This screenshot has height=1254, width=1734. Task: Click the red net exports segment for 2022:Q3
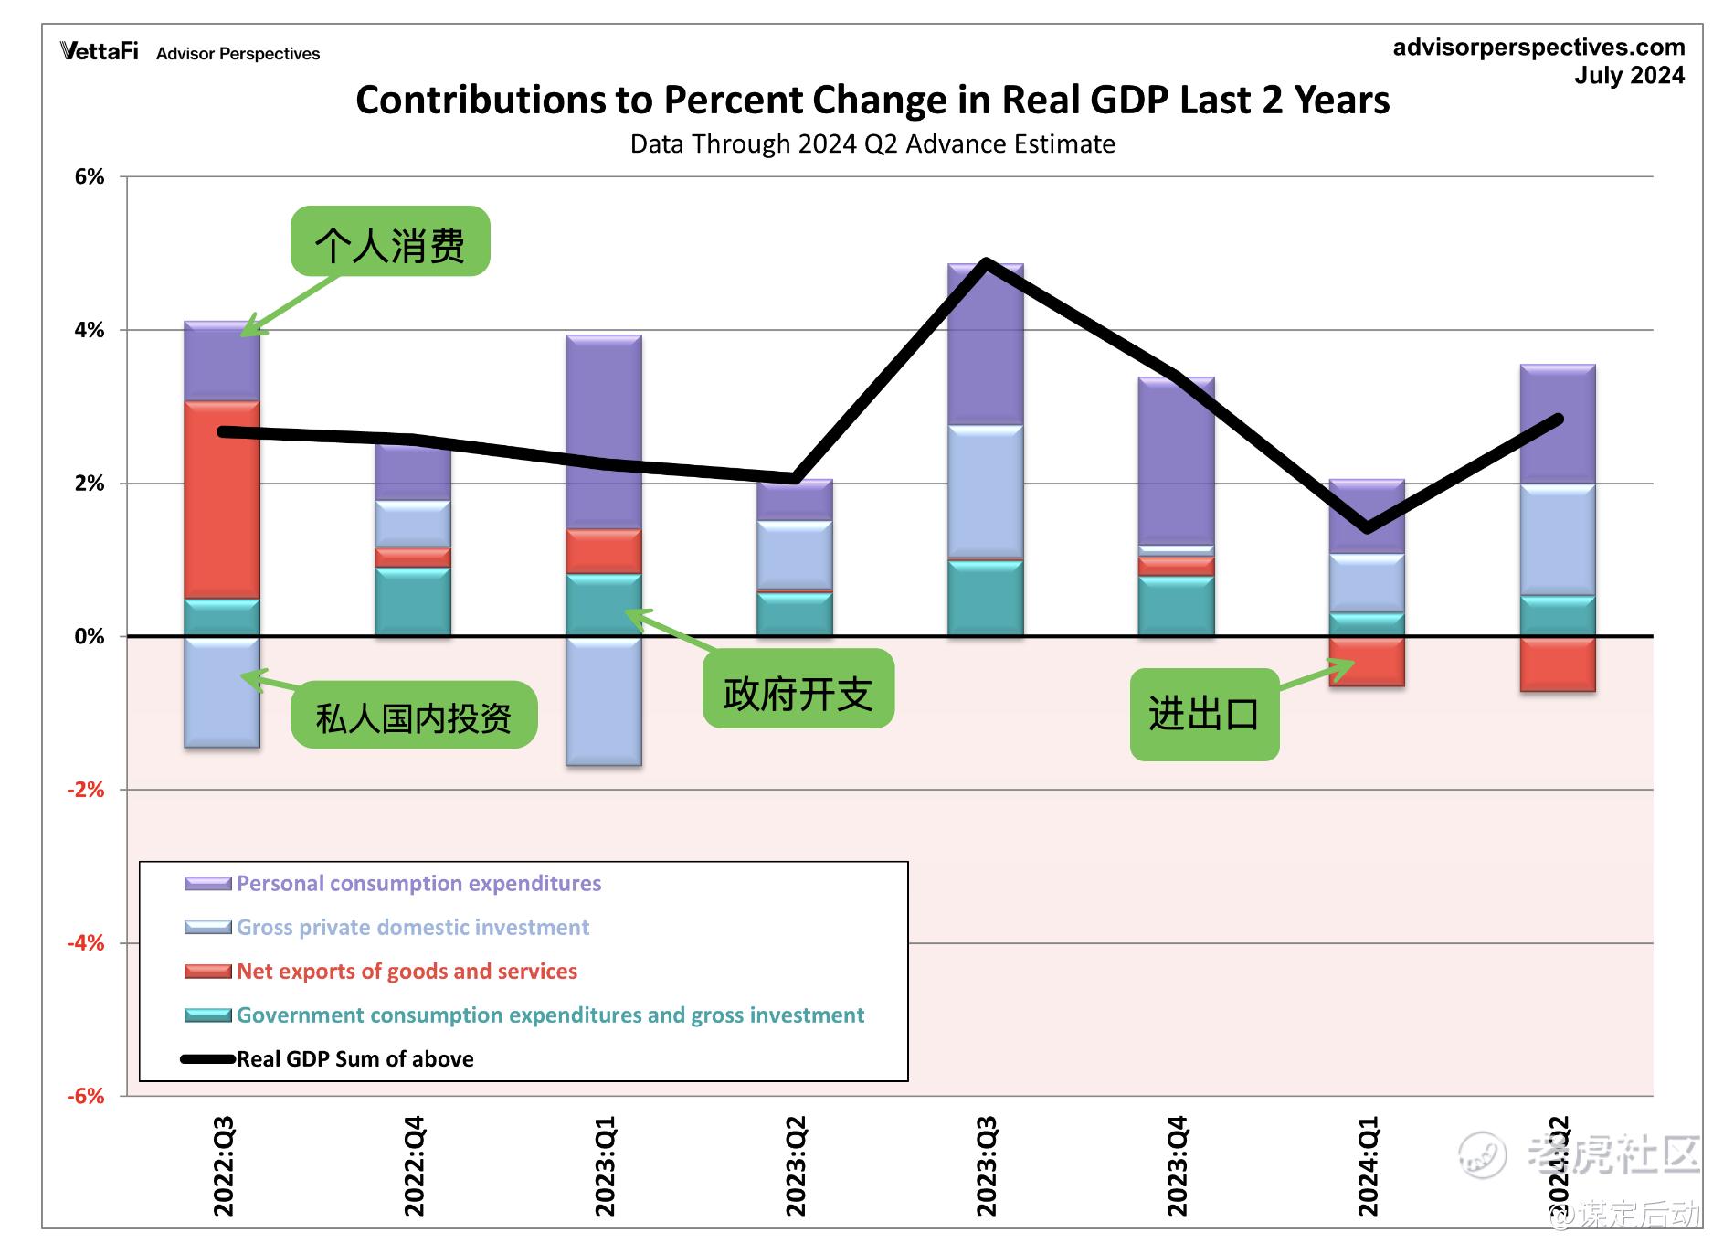[x=222, y=499]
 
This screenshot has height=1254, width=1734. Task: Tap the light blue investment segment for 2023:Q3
[x=985, y=491]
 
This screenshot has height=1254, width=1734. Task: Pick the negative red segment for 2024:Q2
[x=1558, y=664]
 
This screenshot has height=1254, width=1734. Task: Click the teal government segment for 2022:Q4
[x=413, y=601]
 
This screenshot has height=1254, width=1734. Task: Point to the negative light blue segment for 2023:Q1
[x=604, y=701]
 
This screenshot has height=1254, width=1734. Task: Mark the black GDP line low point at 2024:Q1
[x=1367, y=527]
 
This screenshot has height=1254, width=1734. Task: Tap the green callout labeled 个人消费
[x=390, y=242]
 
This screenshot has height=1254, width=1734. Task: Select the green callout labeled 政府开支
[x=798, y=690]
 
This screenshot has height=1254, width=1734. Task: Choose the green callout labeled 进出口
[x=1204, y=714]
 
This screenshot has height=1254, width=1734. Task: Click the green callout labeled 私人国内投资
[x=414, y=716]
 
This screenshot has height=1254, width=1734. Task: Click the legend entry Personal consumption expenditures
[x=418, y=884]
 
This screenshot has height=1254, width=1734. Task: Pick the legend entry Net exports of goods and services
[x=407, y=972]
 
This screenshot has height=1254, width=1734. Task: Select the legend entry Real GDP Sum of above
[x=354, y=1059]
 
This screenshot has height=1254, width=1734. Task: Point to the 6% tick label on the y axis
[x=90, y=177]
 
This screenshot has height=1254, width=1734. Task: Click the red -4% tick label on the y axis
[x=86, y=942]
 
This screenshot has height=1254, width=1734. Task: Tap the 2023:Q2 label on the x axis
[x=795, y=1166]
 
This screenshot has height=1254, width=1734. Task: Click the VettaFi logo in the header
[x=100, y=52]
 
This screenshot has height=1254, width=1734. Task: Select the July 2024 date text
[x=1629, y=76]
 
